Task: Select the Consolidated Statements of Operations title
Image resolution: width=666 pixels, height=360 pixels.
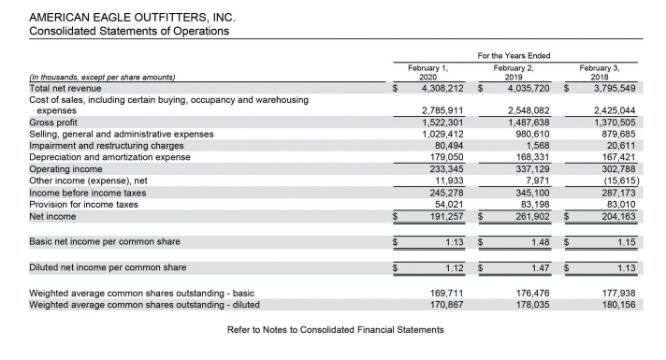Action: pyautogui.click(x=130, y=31)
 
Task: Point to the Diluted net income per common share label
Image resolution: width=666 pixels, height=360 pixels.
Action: pyautogui.click(x=109, y=268)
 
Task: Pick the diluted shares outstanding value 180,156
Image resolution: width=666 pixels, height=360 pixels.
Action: pyautogui.click(x=620, y=304)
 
